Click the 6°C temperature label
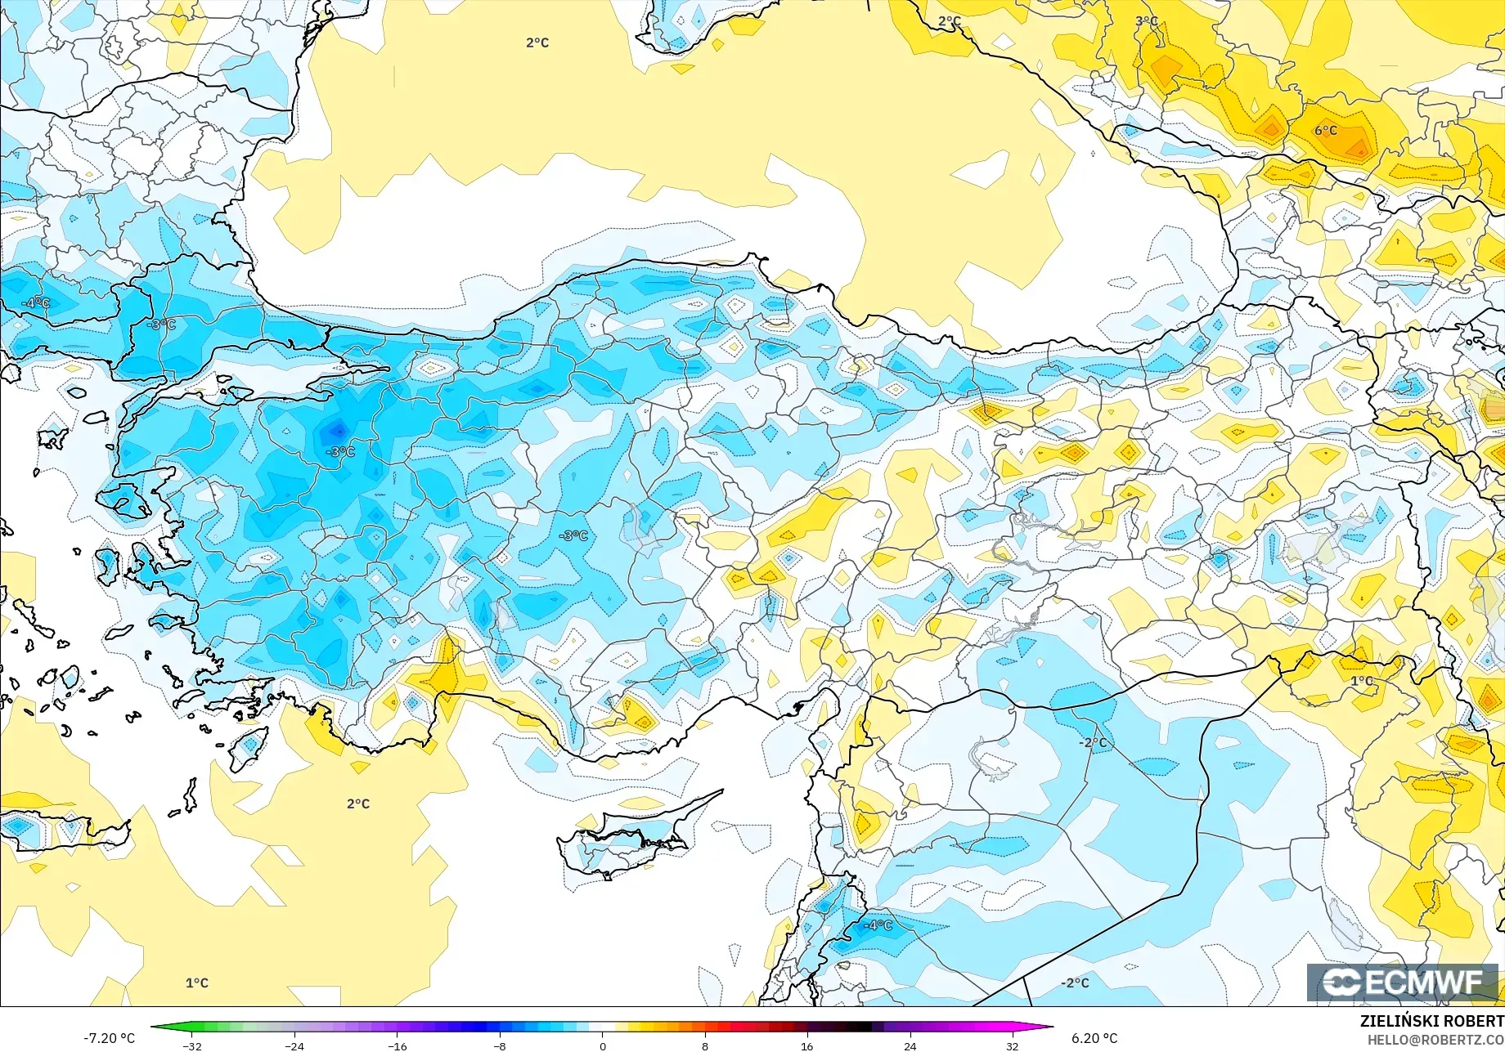(1326, 131)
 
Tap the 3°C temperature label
(1147, 21)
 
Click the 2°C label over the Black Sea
(537, 43)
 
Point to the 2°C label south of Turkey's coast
(358, 804)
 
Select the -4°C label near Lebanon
(879, 924)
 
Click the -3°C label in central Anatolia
(573, 535)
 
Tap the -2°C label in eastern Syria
(1094, 742)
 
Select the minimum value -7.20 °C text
(109, 1038)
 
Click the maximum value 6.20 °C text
(1094, 1038)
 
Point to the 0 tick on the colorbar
(603, 1045)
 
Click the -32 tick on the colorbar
(192, 1045)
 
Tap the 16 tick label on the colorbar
(807, 1045)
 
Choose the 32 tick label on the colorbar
(1013, 1045)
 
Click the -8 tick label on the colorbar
(500, 1045)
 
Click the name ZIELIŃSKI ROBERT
(1431, 1021)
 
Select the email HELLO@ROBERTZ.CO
(1436, 1039)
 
